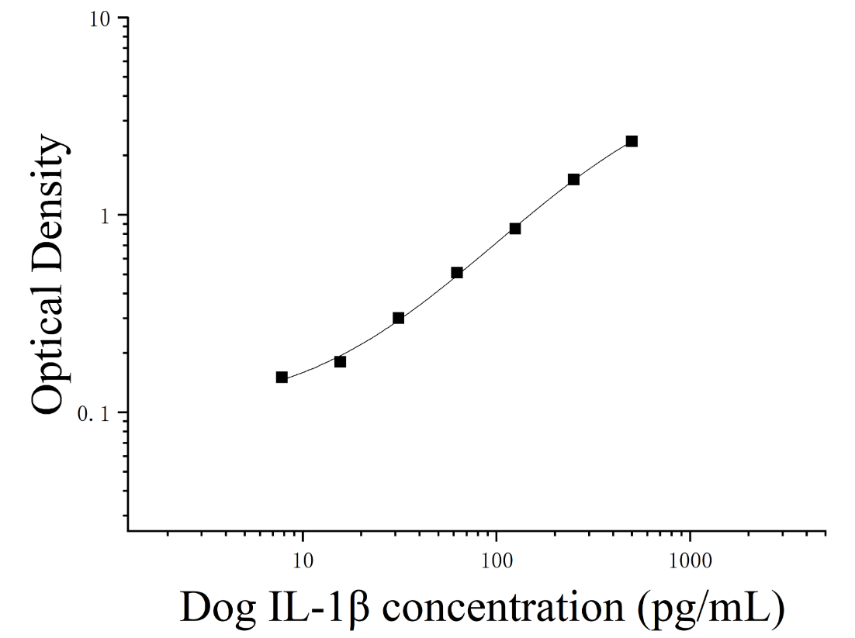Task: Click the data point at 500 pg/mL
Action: coord(632,142)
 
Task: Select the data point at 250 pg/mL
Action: coord(573,179)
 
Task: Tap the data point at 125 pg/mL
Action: coord(515,228)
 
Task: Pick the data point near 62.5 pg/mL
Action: coord(457,272)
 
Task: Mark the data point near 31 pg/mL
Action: coord(399,318)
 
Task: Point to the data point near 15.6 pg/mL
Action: coord(341,362)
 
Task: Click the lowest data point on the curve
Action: coord(282,377)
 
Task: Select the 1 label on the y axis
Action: coord(106,216)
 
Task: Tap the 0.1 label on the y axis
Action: coord(94,414)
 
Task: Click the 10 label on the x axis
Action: coord(303,561)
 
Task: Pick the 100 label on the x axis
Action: coord(497,561)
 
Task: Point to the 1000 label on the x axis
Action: coord(691,561)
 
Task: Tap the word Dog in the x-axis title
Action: coord(218,607)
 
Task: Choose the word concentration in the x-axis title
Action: coord(503,607)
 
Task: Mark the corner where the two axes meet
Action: coord(128,530)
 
